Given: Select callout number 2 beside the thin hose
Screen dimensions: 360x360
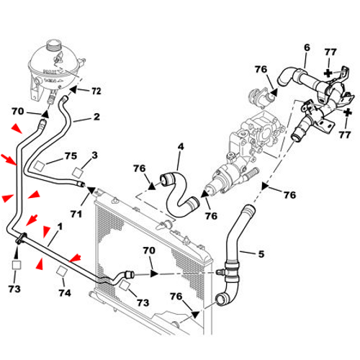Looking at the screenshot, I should [96, 116].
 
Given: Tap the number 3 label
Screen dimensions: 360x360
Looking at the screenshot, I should [94, 155].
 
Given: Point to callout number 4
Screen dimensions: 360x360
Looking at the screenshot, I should [181, 147].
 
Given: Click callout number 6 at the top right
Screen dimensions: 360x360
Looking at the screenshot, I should [306, 48].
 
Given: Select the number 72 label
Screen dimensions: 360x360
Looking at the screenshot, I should [96, 91].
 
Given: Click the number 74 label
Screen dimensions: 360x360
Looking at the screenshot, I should [64, 293].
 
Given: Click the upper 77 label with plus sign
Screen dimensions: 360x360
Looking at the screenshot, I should [330, 72].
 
